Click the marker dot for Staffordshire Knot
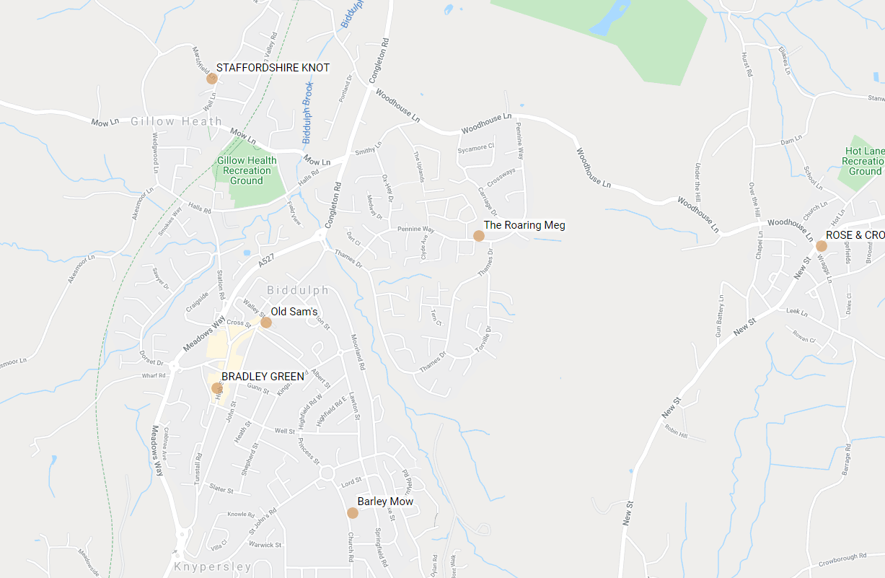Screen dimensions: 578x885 click(211, 78)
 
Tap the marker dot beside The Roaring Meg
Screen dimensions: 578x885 click(478, 236)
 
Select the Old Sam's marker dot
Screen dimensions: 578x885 click(265, 323)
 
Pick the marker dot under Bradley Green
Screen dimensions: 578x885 click(217, 388)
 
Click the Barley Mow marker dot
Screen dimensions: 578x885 click(352, 513)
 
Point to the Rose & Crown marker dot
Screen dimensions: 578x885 click(821, 246)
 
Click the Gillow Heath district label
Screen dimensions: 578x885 click(176, 121)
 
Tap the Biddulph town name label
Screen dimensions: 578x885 click(297, 290)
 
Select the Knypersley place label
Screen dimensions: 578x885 click(213, 567)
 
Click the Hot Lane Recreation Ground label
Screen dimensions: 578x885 click(865, 162)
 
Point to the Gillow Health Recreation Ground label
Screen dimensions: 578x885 click(247, 170)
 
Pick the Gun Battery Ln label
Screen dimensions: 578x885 click(718, 318)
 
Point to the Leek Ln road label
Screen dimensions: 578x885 click(796, 312)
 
